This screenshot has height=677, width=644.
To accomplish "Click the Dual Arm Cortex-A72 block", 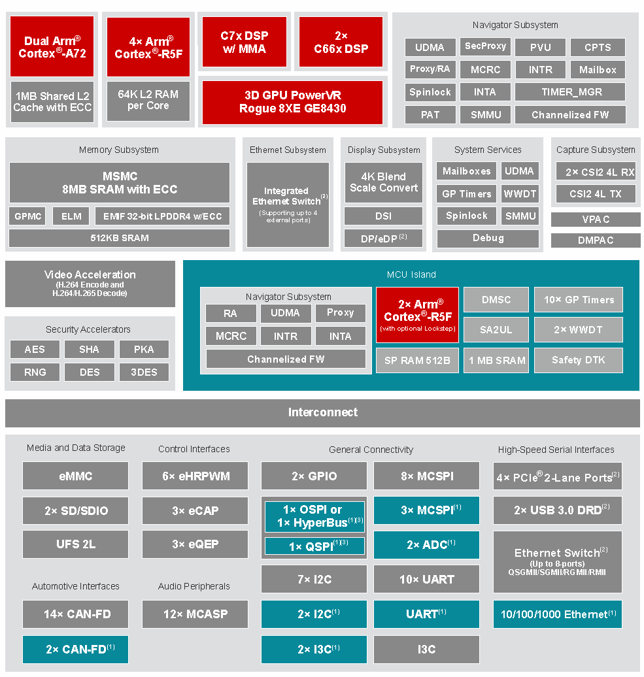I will [52, 47].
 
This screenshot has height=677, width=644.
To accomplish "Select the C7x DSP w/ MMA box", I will [245, 42].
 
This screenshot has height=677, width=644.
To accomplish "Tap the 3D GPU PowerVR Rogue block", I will [292, 102].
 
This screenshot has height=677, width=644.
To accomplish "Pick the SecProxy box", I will [485, 46].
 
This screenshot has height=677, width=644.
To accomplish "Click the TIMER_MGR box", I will [569, 92].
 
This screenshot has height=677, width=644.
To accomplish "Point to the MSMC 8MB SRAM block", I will [119, 183].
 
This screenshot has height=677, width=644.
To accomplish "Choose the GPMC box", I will [27, 216].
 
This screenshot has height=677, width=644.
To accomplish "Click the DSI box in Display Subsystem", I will [383, 216].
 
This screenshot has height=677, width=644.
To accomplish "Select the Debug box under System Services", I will [488, 239].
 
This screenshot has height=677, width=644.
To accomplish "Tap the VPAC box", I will [596, 220].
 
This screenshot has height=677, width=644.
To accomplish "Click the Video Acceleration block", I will [90, 284].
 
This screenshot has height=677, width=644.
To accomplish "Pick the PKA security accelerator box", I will [144, 350].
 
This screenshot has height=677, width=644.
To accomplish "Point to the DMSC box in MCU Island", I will [496, 300].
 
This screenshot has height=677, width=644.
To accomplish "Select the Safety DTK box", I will [578, 360].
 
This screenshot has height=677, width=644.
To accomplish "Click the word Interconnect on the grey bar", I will [323, 412].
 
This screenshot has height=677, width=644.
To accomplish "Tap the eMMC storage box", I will [75, 476].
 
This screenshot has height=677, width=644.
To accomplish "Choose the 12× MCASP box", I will [195, 614].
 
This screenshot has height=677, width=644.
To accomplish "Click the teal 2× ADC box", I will [426, 545].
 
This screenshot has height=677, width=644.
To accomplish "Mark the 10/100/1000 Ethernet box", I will [557, 614].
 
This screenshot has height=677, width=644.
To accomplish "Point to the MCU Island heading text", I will [411, 274].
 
